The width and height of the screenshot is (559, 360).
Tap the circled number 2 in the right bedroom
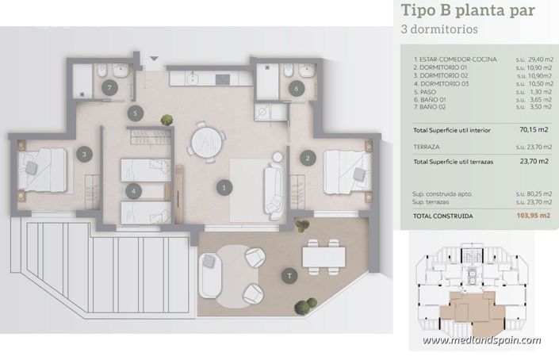point(307,157)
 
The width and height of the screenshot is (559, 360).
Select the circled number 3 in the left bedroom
point(82,155)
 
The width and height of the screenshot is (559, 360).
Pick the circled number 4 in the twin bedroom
point(136,190)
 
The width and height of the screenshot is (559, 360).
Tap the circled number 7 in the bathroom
point(109,87)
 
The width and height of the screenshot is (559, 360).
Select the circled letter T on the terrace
point(290,276)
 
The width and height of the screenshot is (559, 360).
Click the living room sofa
point(274,191)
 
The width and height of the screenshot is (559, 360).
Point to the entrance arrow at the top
point(154,58)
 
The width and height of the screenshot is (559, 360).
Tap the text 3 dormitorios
point(441,31)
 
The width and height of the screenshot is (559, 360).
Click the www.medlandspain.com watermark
point(481,341)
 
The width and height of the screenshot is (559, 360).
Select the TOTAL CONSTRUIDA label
point(443,215)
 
